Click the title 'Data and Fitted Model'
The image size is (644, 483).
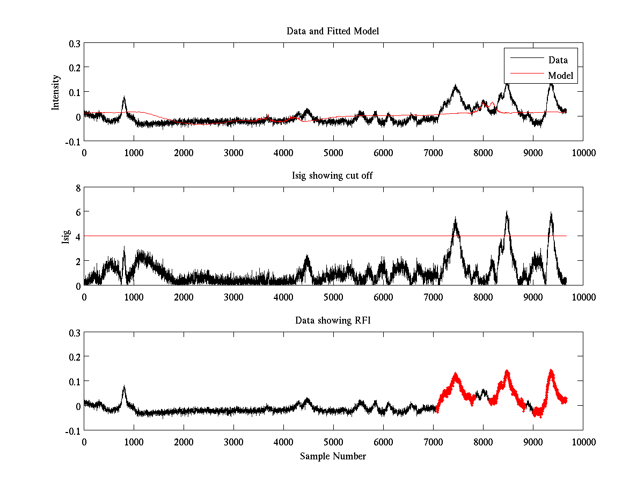(333, 31)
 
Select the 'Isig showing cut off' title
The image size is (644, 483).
(333, 176)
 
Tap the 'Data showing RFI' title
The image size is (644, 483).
(333, 320)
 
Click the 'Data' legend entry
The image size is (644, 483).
(558, 60)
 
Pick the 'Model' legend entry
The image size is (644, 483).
(560, 76)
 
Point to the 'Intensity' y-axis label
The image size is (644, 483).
(55, 92)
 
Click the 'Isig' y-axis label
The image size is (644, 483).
(65, 237)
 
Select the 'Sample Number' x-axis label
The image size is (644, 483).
(333, 456)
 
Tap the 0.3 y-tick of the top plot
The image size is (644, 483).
(74, 43)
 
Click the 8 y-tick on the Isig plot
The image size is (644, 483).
(77, 187)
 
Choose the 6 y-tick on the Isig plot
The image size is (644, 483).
(77, 212)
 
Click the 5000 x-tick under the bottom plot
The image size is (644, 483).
(333, 442)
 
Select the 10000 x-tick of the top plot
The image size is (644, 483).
(583, 153)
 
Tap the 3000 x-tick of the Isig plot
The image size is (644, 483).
(233, 297)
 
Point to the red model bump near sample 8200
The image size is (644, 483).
(492, 103)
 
